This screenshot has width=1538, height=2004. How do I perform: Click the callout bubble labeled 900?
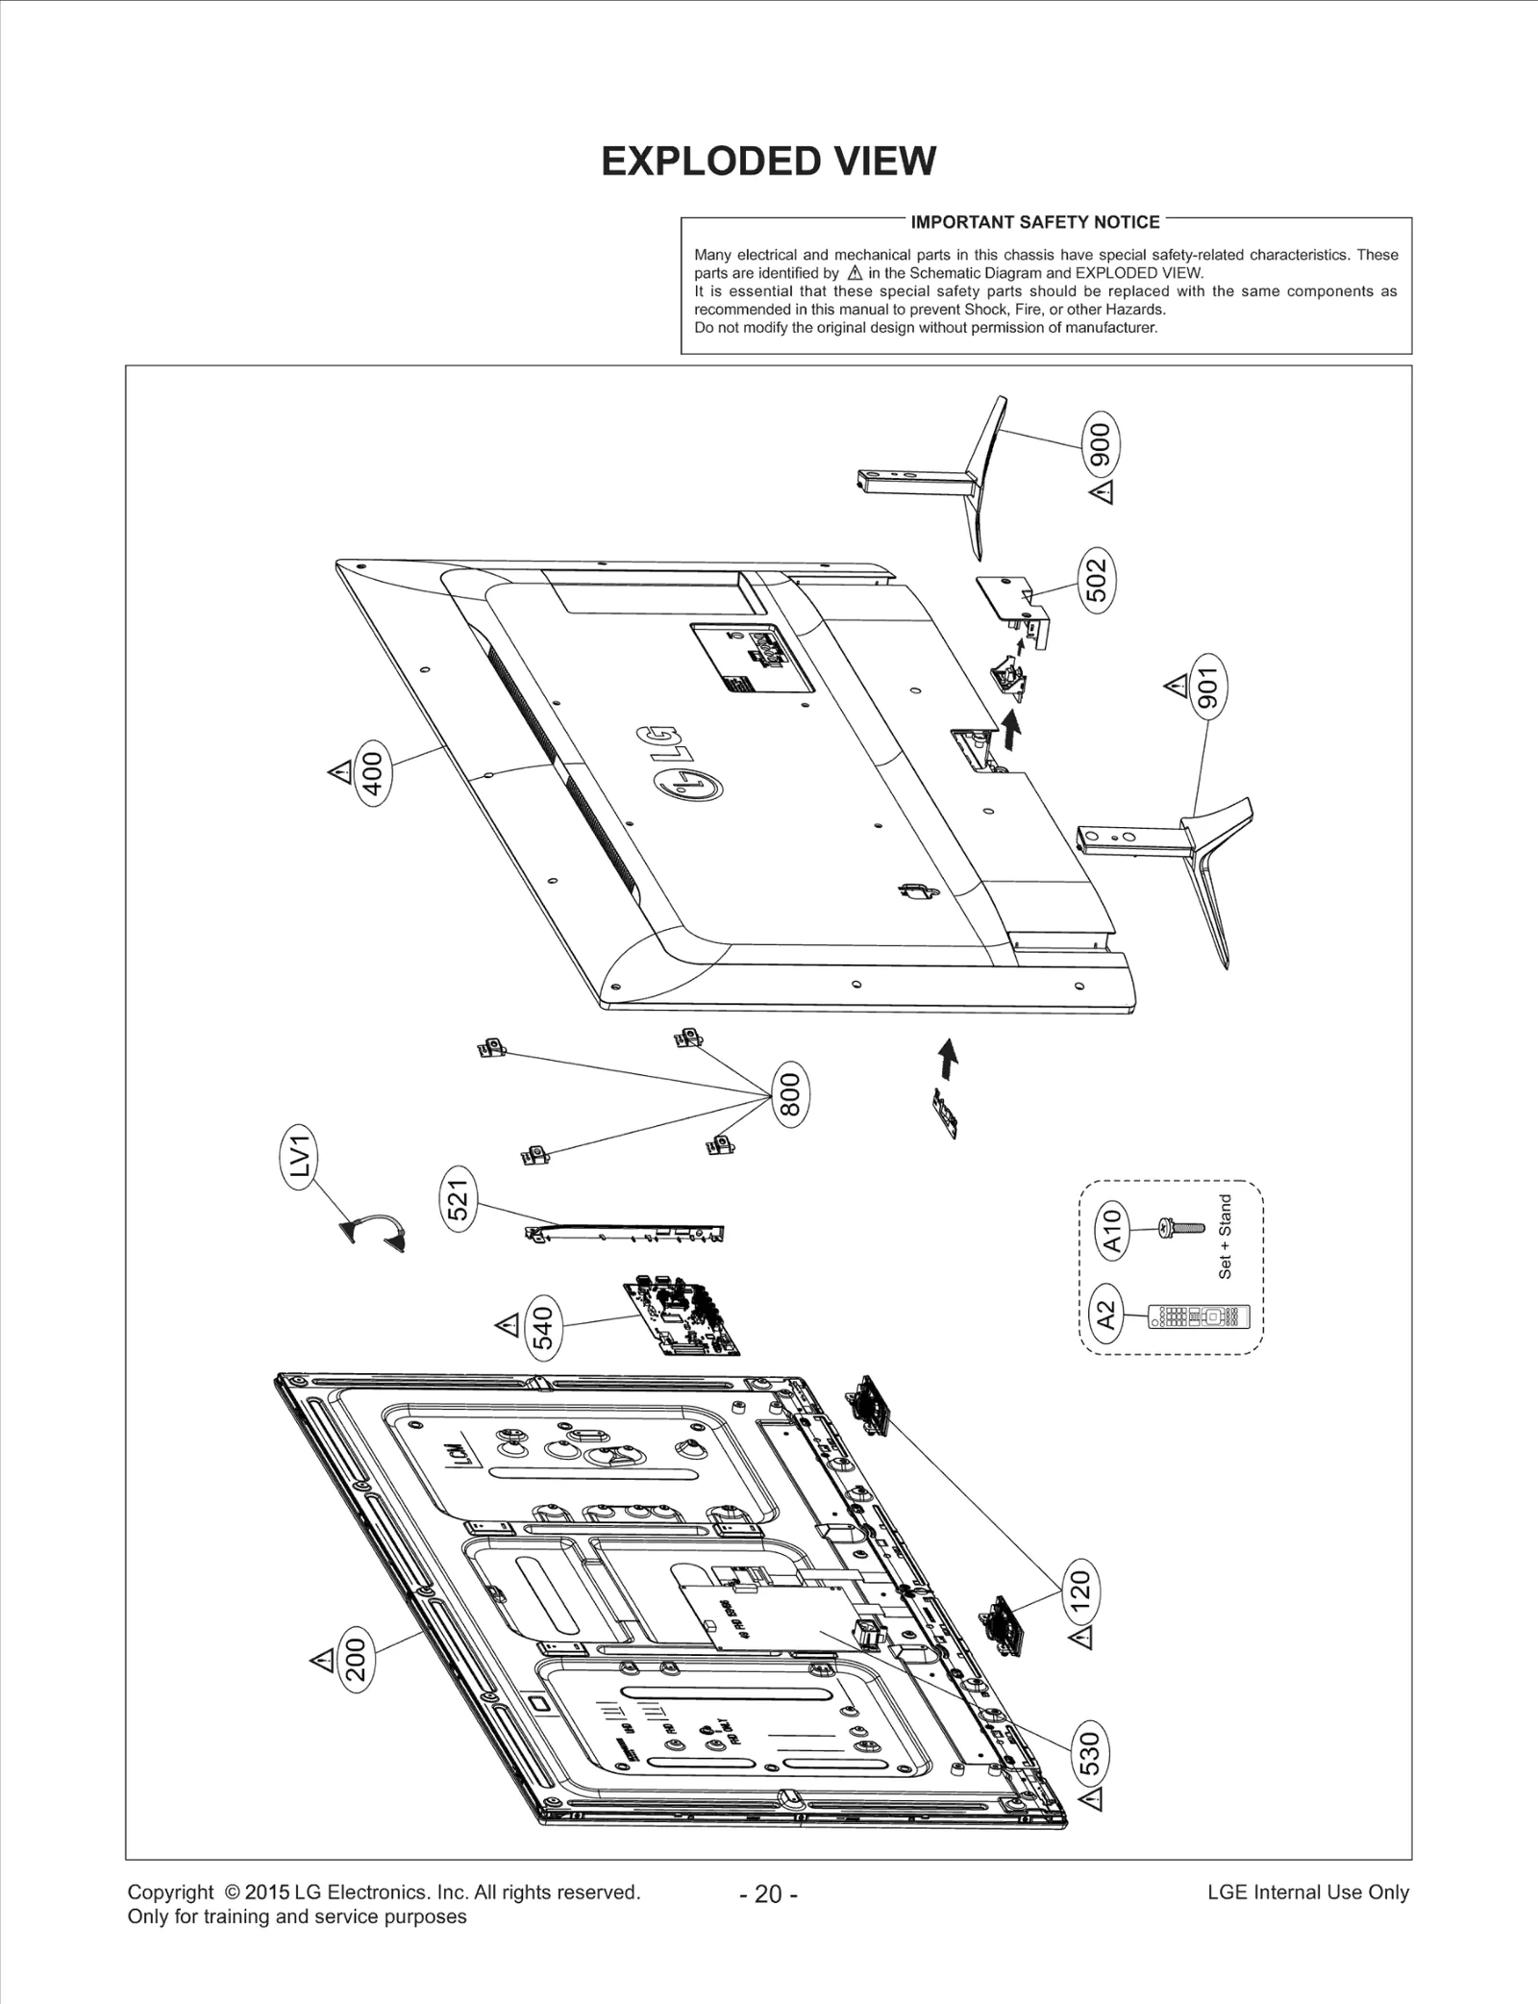tap(1101, 443)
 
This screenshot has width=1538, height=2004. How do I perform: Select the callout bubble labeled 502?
tap(1097, 581)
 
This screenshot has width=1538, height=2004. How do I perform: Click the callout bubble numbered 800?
tap(790, 1094)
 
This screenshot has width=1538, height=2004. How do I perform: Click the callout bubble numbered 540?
tap(543, 1327)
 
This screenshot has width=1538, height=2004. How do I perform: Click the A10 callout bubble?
tap(1111, 1231)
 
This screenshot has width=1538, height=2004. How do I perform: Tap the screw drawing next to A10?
tap(1183, 1228)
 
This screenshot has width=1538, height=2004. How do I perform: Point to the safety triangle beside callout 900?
tap(1104, 493)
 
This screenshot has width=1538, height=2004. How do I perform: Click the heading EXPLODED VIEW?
tap(768, 162)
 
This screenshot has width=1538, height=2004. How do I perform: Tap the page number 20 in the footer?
tap(768, 1893)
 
